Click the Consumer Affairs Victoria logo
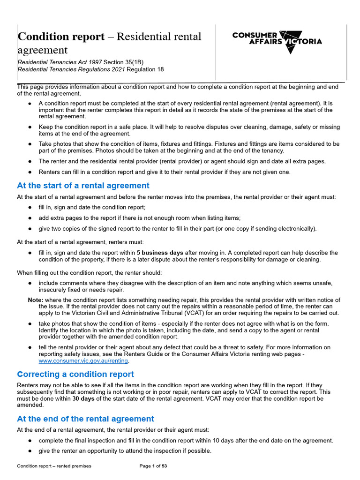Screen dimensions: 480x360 [277, 41]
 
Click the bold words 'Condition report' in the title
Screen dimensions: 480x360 [61, 37]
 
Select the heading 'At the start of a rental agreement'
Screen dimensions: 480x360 [83, 186]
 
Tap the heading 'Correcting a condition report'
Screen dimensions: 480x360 [75, 374]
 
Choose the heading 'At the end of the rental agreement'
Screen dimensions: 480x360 [85, 419]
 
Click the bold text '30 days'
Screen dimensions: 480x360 [84, 398]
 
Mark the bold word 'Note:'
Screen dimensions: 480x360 [36, 300]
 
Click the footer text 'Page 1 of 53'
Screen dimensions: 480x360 [153, 466]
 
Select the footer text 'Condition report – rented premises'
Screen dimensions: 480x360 [54, 466]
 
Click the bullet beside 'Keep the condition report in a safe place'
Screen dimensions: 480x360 [30, 127]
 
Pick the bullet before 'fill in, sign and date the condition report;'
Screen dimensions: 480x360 [30, 207]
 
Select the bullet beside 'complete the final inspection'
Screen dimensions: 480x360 [30, 441]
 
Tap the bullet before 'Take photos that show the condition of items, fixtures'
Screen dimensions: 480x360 [30, 144]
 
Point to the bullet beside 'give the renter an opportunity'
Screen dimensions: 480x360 [30, 451]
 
